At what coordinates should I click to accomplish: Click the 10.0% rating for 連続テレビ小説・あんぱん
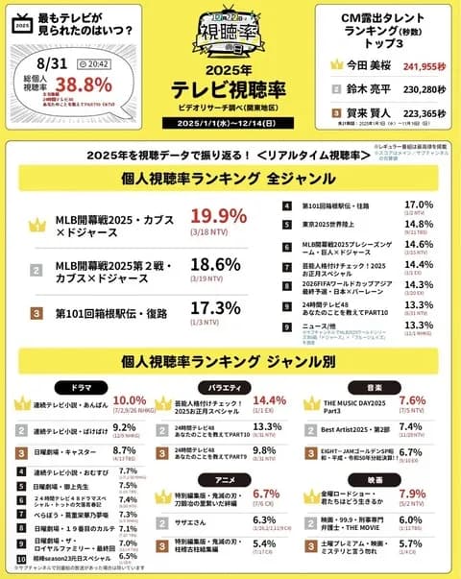point(129,401)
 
